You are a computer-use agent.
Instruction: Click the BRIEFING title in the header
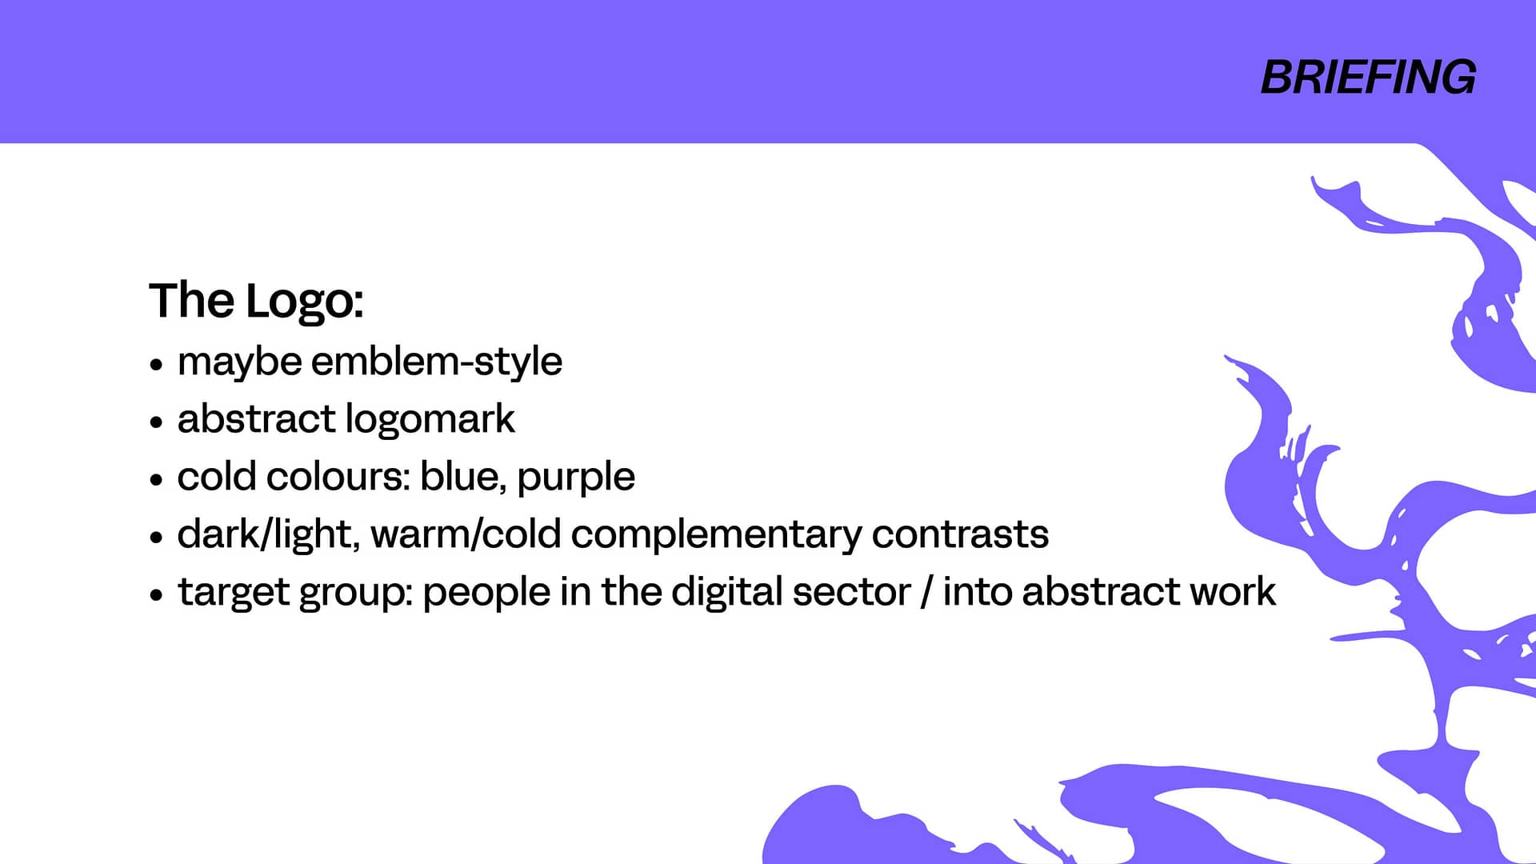(x=1368, y=78)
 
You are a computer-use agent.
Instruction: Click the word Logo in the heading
(x=304, y=302)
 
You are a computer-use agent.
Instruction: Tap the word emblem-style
(x=437, y=362)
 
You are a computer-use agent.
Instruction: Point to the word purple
(x=576, y=478)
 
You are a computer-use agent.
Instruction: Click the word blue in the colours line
(x=462, y=476)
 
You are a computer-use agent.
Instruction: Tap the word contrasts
(x=960, y=534)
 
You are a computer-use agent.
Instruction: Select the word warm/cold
(x=466, y=534)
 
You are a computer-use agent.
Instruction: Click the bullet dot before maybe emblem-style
(x=157, y=365)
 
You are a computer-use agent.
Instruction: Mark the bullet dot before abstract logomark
(x=157, y=422)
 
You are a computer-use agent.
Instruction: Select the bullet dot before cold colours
(x=157, y=480)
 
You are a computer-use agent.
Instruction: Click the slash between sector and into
(x=927, y=592)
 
